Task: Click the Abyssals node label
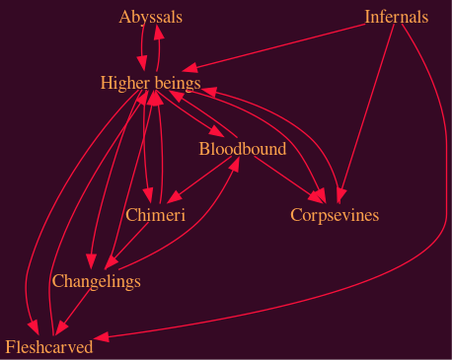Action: [150, 18]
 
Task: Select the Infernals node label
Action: [396, 17]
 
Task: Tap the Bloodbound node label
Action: [242, 149]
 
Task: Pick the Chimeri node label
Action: [156, 215]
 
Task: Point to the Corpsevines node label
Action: [335, 215]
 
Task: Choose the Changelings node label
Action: [96, 282]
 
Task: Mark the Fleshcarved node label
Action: [48, 346]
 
